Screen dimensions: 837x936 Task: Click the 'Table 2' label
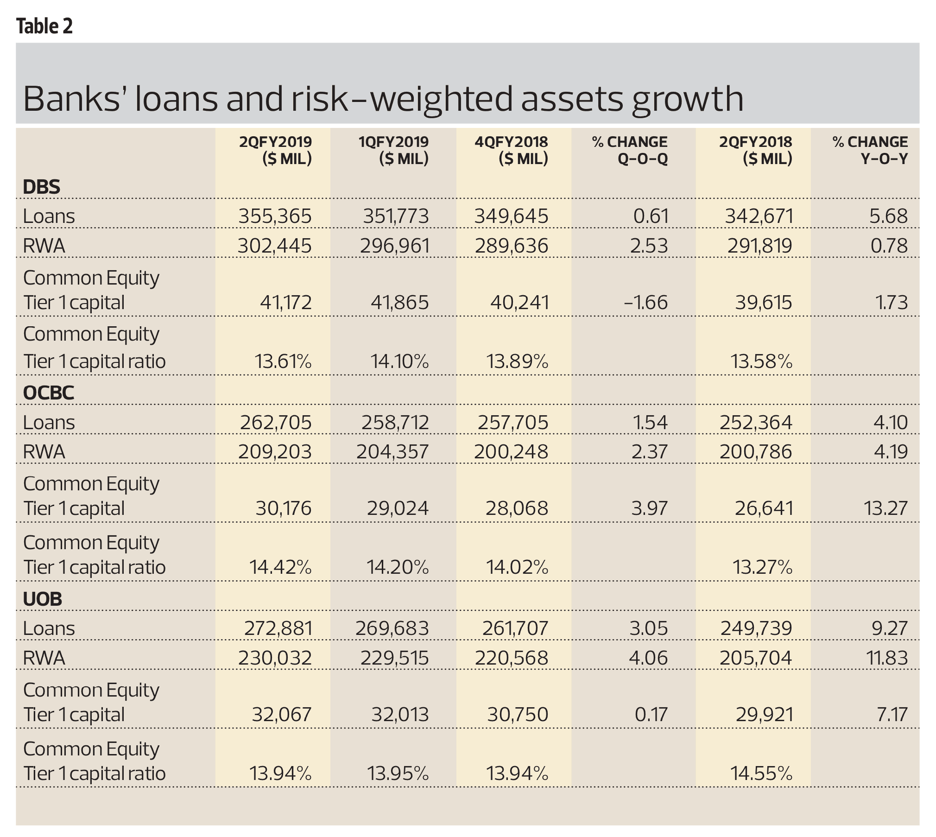pos(44,26)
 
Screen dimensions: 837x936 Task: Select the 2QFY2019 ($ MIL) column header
pos(276,150)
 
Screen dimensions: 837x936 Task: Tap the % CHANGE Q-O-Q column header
pos(630,150)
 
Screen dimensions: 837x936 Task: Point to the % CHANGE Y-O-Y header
pos(870,150)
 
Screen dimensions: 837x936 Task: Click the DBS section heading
pos(42,187)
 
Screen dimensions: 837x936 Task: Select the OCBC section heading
pos(49,393)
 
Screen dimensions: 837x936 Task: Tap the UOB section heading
pos(43,599)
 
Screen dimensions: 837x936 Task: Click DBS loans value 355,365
pos(275,216)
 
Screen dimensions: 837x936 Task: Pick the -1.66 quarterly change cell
pos(646,303)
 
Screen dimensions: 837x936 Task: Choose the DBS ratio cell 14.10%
pos(399,361)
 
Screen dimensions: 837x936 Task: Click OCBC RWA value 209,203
pos(275,452)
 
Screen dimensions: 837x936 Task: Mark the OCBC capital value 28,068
pos(517,509)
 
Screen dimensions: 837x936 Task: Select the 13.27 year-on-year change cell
pos(885,509)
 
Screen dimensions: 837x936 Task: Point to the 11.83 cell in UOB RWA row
pos(887,658)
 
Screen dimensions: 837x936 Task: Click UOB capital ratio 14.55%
pos(761,774)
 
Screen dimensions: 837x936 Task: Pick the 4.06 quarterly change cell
pos(648,658)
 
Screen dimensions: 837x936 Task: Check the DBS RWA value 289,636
pos(512,246)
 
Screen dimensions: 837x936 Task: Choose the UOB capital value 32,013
pos(400,715)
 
